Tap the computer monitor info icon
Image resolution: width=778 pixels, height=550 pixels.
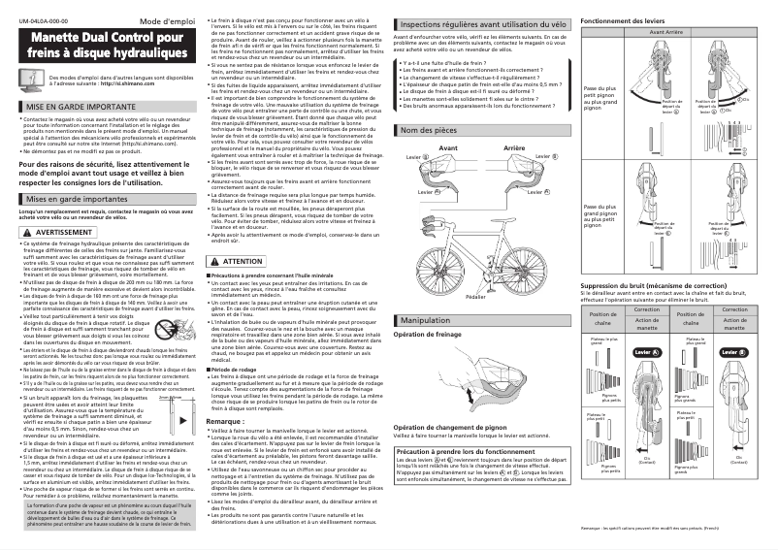click(x=33, y=80)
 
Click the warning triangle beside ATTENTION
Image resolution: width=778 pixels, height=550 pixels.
click(x=215, y=262)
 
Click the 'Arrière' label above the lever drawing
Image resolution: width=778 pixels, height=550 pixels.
click(x=515, y=149)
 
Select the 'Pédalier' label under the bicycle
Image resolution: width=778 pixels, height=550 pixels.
click(x=476, y=296)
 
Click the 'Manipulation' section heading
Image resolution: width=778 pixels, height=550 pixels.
click(x=433, y=319)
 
